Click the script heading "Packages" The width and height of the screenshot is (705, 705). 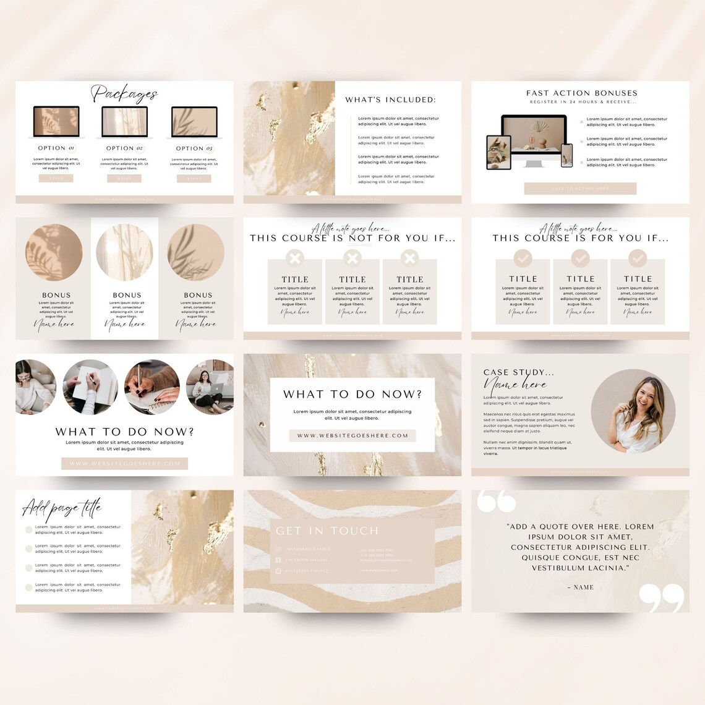(x=124, y=94)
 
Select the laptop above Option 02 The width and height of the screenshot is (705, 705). (x=124, y=122)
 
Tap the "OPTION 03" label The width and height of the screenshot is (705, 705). (x=194, y=148)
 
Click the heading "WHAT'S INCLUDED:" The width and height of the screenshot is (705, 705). (x=390, y=100)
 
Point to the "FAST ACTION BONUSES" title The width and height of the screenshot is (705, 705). (x=581, y=93)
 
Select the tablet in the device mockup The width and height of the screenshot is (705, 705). (x=498, y=152)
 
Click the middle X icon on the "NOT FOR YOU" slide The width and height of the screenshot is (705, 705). (x=352, y=258)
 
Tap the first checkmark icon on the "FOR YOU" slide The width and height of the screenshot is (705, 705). (x=523, y=258)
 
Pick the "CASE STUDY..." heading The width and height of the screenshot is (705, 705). (x=518, y=372)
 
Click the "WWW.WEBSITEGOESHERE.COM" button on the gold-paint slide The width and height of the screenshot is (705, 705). (x=352, y=435)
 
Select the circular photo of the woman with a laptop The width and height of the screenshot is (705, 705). (x=211, y=387)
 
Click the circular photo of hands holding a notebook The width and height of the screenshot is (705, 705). (x=90, y=387)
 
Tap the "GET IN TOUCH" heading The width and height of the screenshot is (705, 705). (x=327, y=531)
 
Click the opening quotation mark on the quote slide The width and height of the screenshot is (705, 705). (x=496, y=501)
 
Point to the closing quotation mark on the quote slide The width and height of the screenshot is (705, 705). (x=661, y=597)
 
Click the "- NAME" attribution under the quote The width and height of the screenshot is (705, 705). (x=580, y=587)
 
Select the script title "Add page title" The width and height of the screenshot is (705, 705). (x=62, y=508)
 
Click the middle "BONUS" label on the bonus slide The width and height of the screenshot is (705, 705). (x=127, y=295)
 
